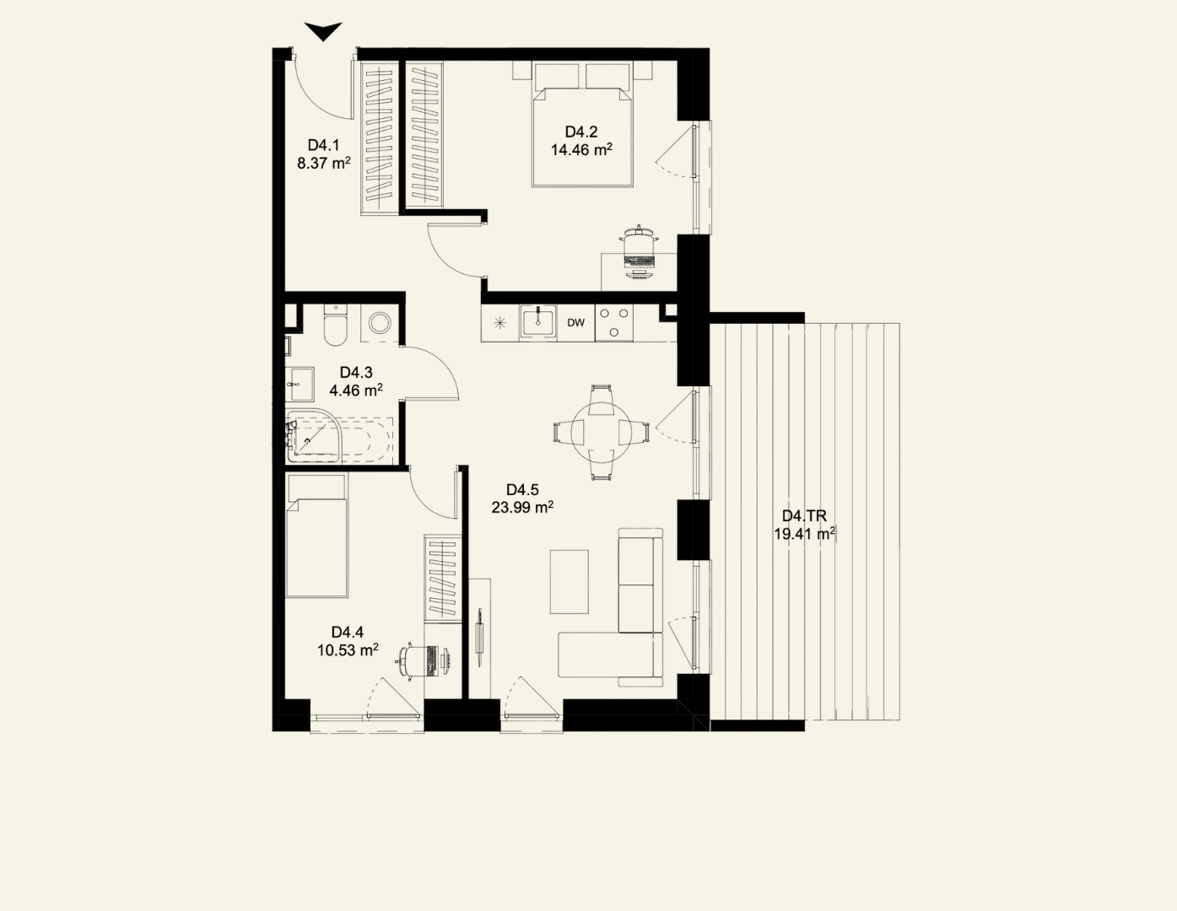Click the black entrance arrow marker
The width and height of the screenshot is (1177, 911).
323,31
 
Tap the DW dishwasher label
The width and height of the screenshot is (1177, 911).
575,322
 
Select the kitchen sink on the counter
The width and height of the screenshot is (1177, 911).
537,321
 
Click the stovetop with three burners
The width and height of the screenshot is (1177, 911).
613,322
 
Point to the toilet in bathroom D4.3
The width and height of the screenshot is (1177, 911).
335,325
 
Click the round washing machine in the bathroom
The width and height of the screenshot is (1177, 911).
380,323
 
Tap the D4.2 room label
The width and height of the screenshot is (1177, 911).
581,132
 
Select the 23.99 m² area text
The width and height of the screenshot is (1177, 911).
522,507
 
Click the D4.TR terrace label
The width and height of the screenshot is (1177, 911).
804,516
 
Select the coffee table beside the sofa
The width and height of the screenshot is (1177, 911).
570,582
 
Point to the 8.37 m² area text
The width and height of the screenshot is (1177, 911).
323,163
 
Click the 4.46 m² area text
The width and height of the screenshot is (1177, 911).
356,390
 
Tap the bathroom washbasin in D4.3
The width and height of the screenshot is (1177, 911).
300,385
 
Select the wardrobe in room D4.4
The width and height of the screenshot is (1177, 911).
443,578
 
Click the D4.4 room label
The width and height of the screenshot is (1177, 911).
348,632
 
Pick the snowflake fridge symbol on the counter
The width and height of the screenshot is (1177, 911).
499,323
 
